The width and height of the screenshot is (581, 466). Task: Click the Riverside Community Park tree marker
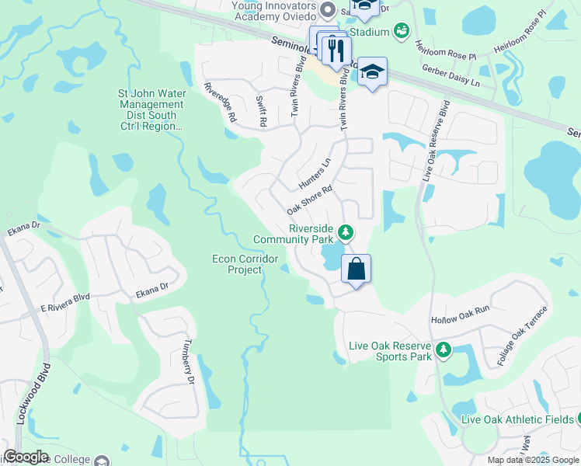point(346,232)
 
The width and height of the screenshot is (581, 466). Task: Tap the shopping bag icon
point(356,270)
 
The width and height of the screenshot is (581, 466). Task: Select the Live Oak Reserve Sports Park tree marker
point(444,349)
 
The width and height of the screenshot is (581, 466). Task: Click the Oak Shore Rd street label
point(309,200)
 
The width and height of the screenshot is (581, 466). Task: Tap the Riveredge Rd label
point(220,102)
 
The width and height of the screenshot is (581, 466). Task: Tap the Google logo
point(26,457)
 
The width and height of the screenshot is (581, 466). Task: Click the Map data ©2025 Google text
point(533,460)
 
